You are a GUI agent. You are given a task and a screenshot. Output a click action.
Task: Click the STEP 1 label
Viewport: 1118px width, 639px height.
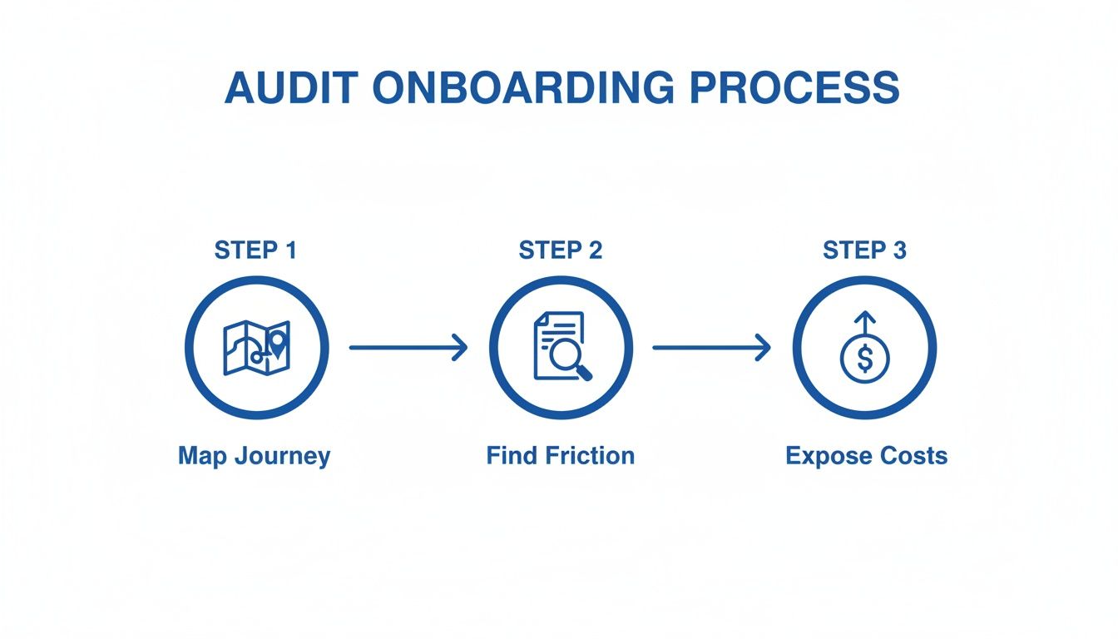[255, 250]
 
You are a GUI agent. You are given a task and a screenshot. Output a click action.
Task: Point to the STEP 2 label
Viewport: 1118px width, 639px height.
[560, 250]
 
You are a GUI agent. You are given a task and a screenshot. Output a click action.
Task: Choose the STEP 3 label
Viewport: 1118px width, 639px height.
[864, 250]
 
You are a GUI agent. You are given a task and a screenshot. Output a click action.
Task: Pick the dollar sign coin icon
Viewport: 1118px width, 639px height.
[865, 359]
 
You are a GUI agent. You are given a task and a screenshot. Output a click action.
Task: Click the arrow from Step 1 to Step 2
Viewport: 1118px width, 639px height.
[408, 348]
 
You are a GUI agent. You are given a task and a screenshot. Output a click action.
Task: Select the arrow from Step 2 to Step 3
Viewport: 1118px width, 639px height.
[711, 348]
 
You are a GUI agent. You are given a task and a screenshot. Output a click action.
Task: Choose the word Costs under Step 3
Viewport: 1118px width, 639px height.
[916, 456]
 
